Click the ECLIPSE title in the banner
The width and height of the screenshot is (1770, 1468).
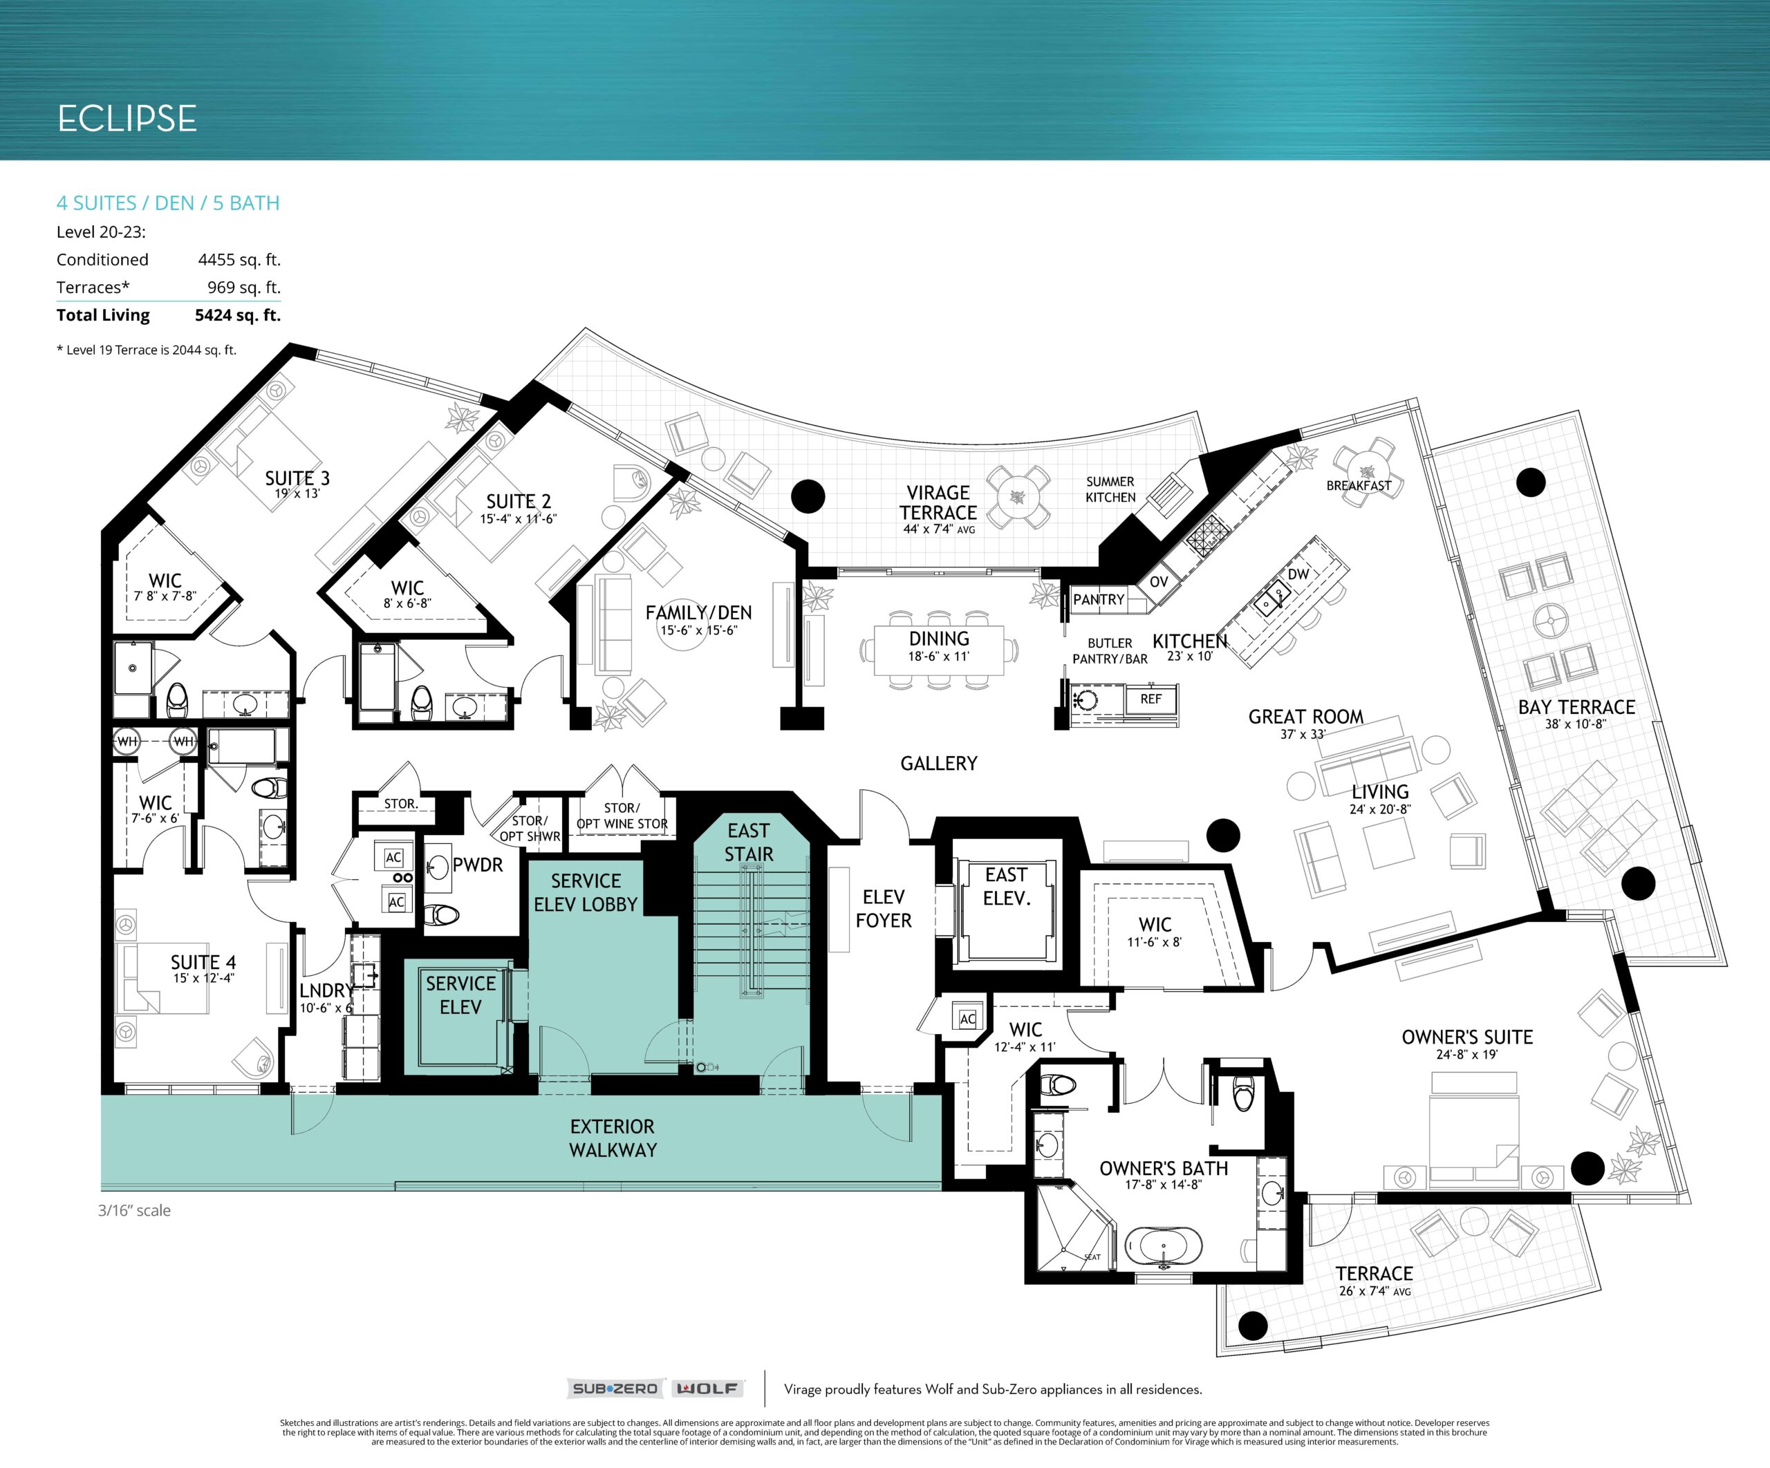click(127, 119)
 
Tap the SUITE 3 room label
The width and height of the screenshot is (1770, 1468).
click(297, 479)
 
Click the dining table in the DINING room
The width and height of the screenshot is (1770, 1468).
click(939, 650)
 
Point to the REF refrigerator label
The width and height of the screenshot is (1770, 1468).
click(1150, 699)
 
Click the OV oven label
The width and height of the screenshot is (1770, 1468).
click(1159, 581)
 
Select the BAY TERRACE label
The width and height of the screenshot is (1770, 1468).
click(1576, 707)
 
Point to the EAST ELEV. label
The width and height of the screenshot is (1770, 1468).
click(1007, 887)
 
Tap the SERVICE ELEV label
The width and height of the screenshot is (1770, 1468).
click(460, 995)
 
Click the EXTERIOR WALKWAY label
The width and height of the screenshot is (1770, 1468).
click(613, 1138)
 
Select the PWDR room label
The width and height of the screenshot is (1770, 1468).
click(477, 865)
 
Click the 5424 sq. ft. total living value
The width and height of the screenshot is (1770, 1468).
click(238, 315)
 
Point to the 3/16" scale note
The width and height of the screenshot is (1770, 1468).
click(134, 1210)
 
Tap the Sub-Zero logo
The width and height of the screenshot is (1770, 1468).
click(615, 1388)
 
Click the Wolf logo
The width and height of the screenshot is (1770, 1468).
click(708, 1388)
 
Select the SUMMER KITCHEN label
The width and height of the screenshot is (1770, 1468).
click(1110, 489)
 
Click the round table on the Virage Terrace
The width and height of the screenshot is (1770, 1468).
click(1019, 497)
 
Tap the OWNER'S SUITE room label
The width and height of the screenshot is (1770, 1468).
click(1466, 1037)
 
